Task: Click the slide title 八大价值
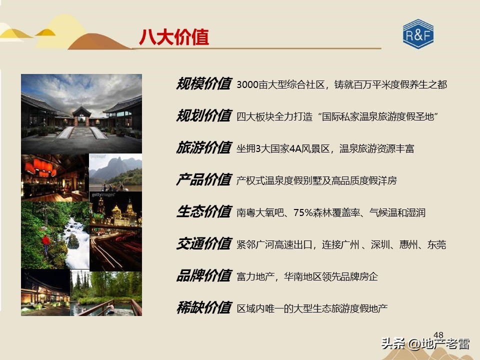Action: (x=174, y=37)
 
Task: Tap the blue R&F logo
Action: (x=418, y=34)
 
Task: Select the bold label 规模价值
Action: (x=203, y=84)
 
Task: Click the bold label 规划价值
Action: (x=203, y=116)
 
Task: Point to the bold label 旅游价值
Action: (x=203, y=148)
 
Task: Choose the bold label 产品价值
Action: (x=203, y=180)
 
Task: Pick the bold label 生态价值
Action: (x=203, y=212)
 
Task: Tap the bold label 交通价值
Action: (x=203, y=244)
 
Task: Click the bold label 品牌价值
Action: (x=203, y=276)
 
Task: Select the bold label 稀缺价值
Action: (x=203, y=308)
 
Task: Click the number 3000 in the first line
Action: (x=248, y=84)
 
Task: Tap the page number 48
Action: (x=438, y=335)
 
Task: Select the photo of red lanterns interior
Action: (x=54, y=177)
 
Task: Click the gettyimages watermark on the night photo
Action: (x=103, y=194)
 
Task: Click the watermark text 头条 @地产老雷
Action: (x=425, y=344)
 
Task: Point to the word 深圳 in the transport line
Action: (x=382, y=244)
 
